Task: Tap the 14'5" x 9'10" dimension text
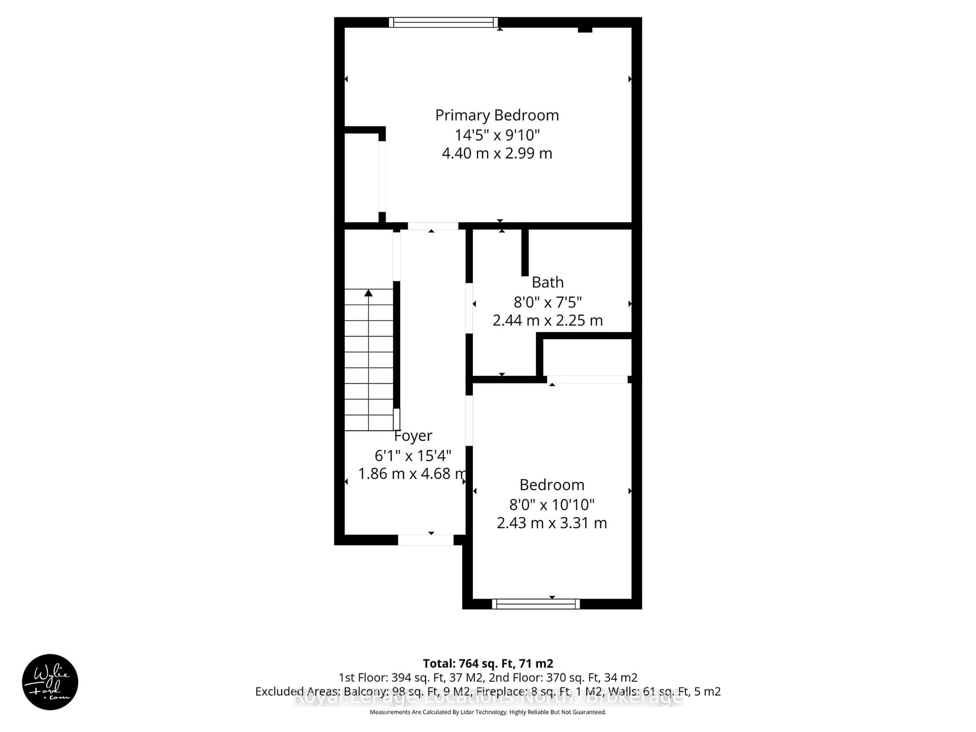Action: click(497, 134)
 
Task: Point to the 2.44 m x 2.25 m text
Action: click(547, 320)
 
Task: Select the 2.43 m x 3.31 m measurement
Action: click(552, 523)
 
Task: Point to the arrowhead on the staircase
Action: click(369, 293)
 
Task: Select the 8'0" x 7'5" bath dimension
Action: click(547, 302)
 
